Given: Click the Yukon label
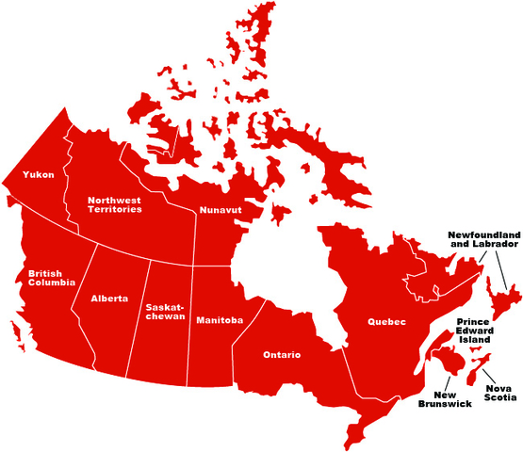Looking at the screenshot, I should pyautogui.click(x=39, y=174).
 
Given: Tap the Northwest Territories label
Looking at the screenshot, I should pyautogui.click(x=115, y=203).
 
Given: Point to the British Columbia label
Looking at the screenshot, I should pyautogui.click(x=52, y=280).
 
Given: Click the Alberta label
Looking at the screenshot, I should pyautogui.click(x=109, y=299).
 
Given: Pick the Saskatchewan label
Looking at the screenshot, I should pyautogui.click(x=167, y=312).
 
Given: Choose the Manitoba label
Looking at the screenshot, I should pyautogui.click(x=220, y=321).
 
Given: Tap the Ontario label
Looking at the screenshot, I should pyautogui.click(x=282, y=355).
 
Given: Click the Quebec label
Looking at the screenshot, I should pyautogui.click(x=386, y=322).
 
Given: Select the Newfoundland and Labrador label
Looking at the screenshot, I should pyautogui.click(x=483, y=238).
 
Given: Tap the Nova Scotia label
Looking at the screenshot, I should pyautogui.click(x=499, y=393).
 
